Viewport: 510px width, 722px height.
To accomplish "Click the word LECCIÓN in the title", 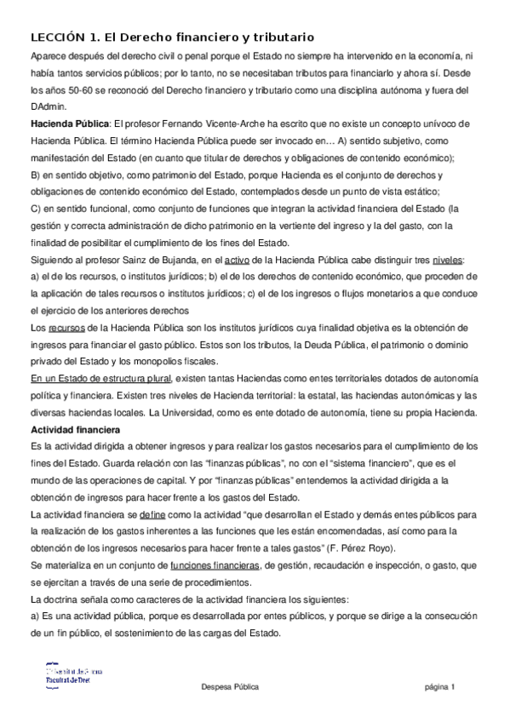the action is click(x=59, y=37).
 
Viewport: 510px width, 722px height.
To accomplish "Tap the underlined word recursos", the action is click(x=66, y=328).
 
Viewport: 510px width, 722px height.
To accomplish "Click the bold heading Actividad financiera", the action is click(x=76, y=430).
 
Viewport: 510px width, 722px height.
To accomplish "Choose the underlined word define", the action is click(x=152, y=515).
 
